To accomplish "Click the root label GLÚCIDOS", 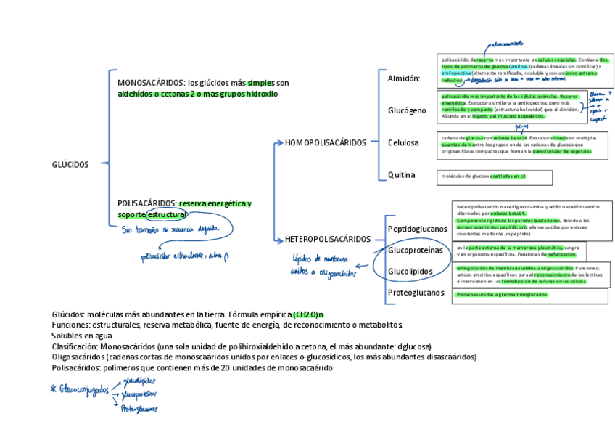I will pos(70,164).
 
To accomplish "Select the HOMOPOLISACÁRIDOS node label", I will pos(326,142).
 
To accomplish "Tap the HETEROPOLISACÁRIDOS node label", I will pos(328,239).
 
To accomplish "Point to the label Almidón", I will pos(404,78).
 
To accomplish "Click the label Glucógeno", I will pos(407,110).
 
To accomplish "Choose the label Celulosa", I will pos(403,142).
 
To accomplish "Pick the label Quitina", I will pos(401,175).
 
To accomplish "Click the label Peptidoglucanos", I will pos(418,229).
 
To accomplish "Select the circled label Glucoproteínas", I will pos(415,250).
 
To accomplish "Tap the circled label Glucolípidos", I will pos(410,271).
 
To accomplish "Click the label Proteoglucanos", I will pos(416,293).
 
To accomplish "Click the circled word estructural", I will pos(167,215).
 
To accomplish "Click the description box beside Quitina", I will pos(496,176).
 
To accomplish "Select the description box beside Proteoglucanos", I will pos(531,295).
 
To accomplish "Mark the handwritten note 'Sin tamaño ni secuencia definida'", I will pos(177,229).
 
